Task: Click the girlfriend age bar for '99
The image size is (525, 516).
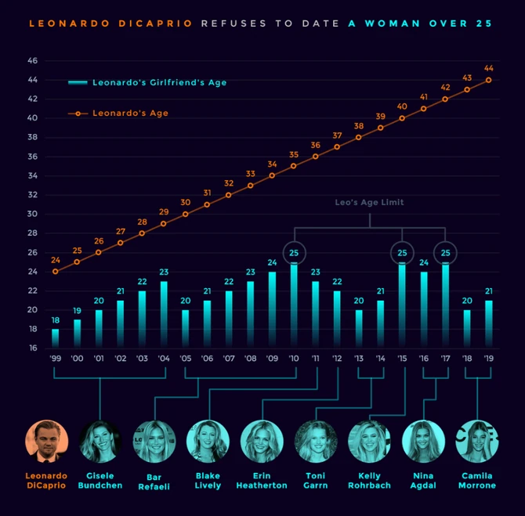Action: tap(56, 337)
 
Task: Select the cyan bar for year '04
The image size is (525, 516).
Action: tap(164, 313)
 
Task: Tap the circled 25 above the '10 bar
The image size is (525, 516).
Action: tap(294, 253)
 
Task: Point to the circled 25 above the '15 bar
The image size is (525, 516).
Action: tap(402, 253)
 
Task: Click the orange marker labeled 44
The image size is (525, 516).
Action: tap(488, 79)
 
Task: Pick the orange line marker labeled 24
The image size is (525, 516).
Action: tap(56, 272)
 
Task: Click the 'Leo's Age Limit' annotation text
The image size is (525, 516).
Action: tap(371, 203)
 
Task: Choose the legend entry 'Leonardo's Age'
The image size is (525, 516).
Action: tap(130, 114)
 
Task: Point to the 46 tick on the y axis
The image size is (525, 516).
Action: tap(32, 60)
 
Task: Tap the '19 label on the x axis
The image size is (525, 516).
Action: tap(488, 358)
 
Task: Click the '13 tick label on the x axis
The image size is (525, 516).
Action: tap(359, 358)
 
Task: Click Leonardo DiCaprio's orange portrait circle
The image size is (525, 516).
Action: tap(46, 442)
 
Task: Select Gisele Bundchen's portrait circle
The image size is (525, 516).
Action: tap(100, 442)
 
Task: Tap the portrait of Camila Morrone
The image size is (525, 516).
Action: tap(477, 442)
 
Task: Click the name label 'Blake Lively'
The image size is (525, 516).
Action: tap(208, 481)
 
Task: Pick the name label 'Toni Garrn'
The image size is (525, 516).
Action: tap(315, 481)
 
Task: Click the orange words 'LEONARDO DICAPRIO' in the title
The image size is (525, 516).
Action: tap(110, 23)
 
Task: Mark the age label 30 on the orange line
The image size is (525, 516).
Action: tap(186, 202)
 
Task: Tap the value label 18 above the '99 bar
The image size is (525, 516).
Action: tap(56, 320)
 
